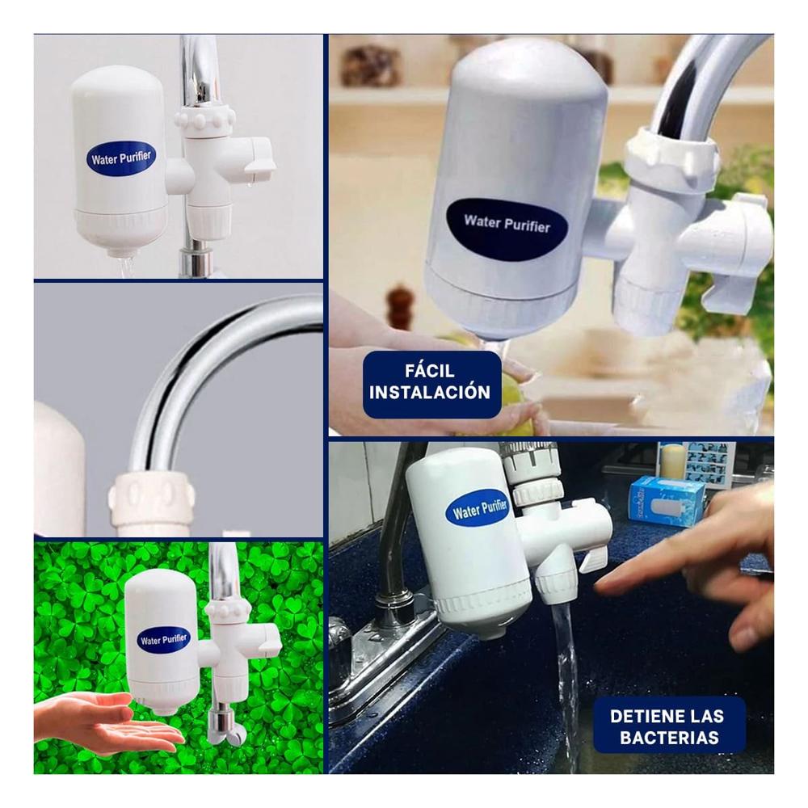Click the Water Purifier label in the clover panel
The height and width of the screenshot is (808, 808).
coord(164,640)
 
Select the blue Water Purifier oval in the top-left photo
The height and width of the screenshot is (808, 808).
coord(121,158)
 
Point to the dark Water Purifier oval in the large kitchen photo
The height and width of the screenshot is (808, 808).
coord(507,224)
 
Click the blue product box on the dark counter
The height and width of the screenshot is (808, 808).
coord(667,500)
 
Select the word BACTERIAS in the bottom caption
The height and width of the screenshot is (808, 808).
coord(669,738)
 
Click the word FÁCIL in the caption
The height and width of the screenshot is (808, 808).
coord(430,372)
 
